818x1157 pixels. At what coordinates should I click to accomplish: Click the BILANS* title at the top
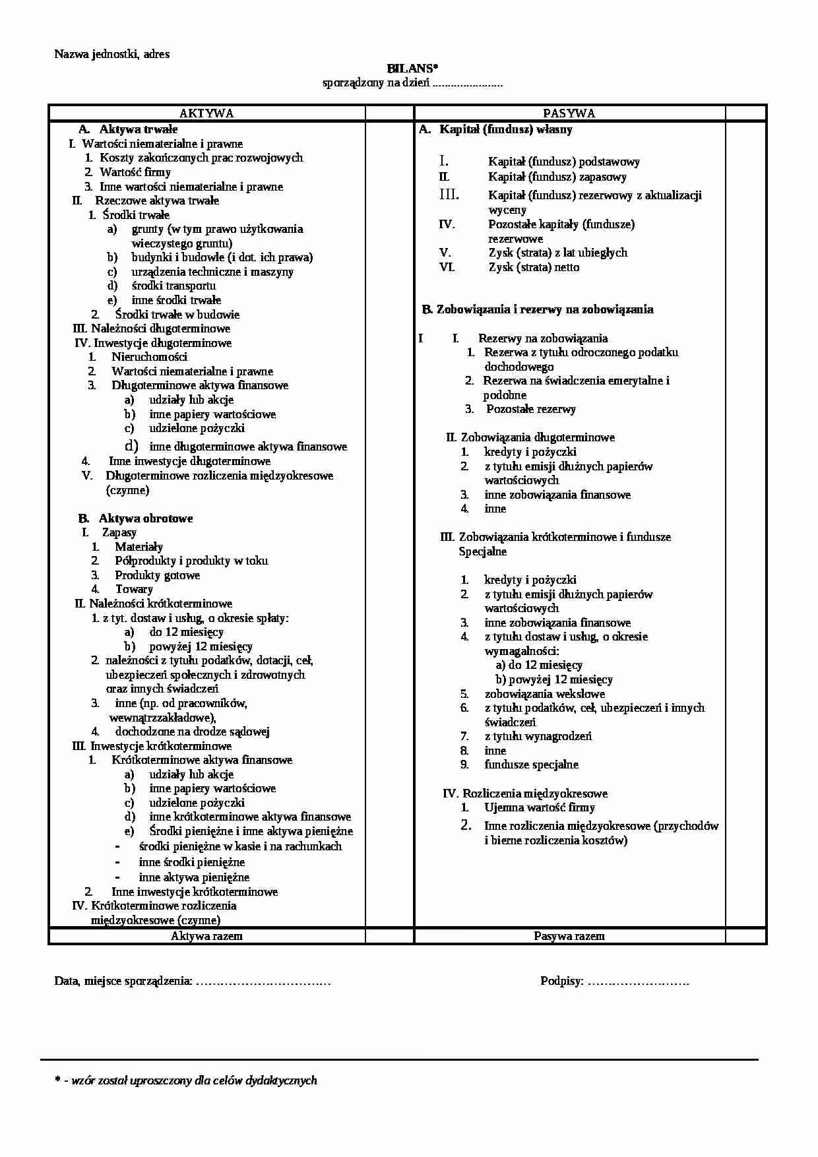[x=412, y=69]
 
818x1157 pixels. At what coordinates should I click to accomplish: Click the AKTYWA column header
[x=206, y=113]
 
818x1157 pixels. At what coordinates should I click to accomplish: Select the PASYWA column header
[x=569, y=113]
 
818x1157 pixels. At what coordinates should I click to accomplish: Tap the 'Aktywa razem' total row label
[x=206, y=936]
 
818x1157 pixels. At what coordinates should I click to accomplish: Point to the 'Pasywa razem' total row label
[x=569, y=936]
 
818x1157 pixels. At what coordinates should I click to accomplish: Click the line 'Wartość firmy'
[x=135, y=172]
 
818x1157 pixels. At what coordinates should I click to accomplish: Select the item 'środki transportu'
[x=173, y=286]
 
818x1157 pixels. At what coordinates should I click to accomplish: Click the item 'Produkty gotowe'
[x=157, y=575]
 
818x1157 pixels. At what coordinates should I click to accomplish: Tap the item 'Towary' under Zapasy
[x=134, y=589]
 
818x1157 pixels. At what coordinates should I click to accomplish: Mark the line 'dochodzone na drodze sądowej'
[x=192, y=732]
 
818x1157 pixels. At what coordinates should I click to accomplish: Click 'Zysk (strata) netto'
[x=534, y=267]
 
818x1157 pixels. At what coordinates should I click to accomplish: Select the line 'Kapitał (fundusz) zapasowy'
[x=557, y=177]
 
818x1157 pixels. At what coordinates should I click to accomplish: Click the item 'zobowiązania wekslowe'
[x=544, y=694]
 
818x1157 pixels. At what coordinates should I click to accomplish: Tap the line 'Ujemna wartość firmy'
[x=539, y=807]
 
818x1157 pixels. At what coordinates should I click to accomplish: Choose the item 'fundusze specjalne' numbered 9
[x=531, y=765]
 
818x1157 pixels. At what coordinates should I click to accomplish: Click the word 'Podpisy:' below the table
[x=562, y=982]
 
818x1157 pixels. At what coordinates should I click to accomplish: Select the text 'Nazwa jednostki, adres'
[x=111, y=54]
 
